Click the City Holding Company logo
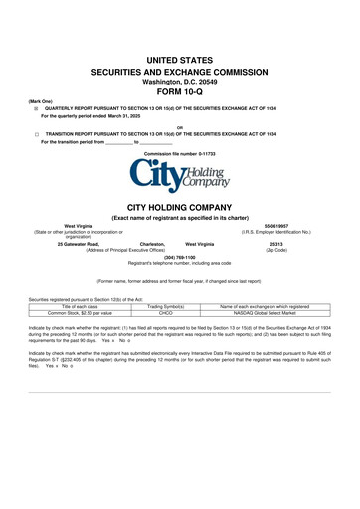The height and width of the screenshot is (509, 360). pyautogui.click(x=179, y=179)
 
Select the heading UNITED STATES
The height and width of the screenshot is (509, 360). pyautogui.click(x=179, y=61)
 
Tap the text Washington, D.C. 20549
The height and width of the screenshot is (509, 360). pyautogui.click(x=179, y=84)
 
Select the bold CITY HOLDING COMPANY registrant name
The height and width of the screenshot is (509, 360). pyautogui.click(x=179, y=207)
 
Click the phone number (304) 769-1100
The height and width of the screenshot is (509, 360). pyautogui.click(x=179, y=257)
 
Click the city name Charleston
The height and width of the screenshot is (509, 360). pyautogui.click(x=151, y=244)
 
